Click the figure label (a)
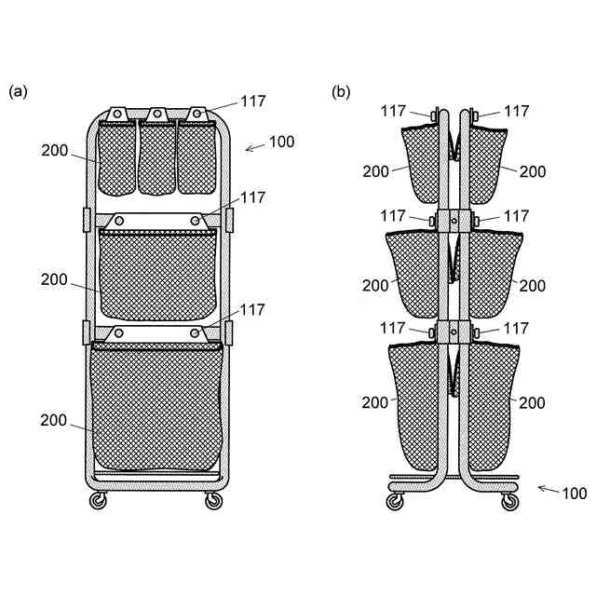pyautogui.click(x=18, y=91)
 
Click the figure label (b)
pyautogui.click(x=342, y=91)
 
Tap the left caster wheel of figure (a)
pyautogui.click(x=97, y=501)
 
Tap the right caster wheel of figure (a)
pyautogui.click(x=214, y=501)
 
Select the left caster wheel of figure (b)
pyautogui.click(x=395, y=501)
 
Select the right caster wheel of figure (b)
pyautogui.click(x=509, y=501)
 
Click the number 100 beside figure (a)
pyautogui.click(x=281, y=142)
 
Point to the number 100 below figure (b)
pyautogui.click(x=575, y=493)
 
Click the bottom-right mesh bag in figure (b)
pyautogui.click(x=492, y=405)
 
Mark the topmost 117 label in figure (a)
pyautogui.click(x=253, y=102)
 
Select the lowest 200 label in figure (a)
pyautogui.click(x=54, y=421)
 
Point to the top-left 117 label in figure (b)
pyautogui.click(x=394, y=111)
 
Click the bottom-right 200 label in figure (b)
pyautogui.click(x=532, y=403)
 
